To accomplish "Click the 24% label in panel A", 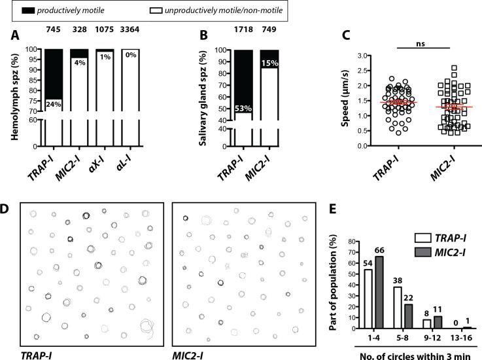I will point(53,103).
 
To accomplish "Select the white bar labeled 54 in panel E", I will point(368,299).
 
